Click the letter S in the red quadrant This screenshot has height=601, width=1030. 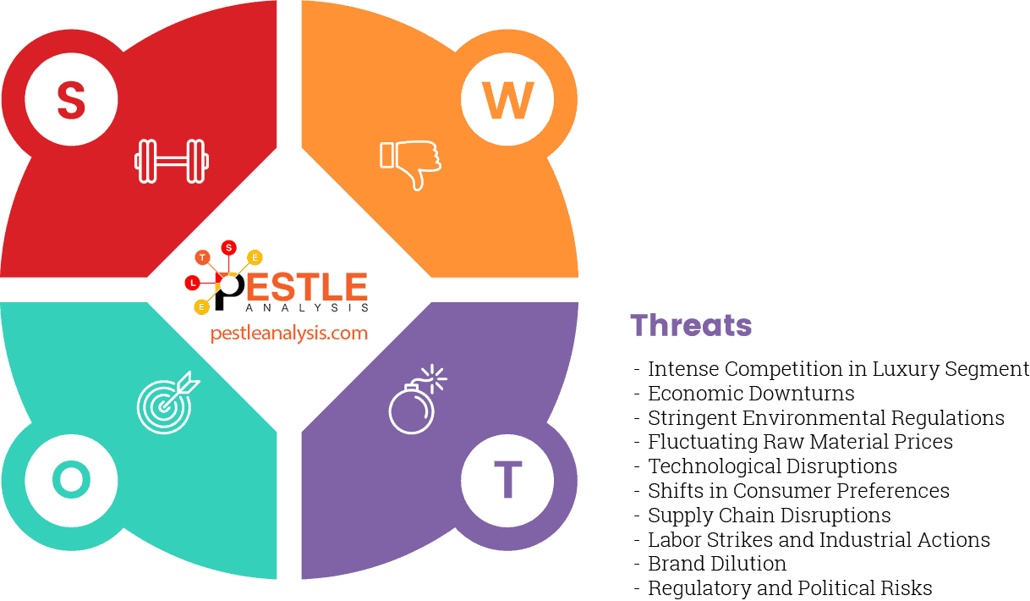point(71,100)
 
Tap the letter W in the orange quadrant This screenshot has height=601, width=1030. point(507,100)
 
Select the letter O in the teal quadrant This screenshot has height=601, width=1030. point(71,480)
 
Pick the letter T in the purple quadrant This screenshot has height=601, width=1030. point(507,480)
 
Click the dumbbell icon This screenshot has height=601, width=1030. point(172,161)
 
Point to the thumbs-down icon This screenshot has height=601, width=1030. point(411,163)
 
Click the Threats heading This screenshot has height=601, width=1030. point(691,325)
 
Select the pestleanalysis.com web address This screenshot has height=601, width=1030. point(289,333)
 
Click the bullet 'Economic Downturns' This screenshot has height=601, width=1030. point(751,394)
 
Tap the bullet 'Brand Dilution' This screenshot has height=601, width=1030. point(717,564)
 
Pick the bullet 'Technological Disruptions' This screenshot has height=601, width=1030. point(772,466)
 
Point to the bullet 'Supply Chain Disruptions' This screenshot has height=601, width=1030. point(769,516)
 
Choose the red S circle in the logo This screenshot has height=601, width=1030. point(228,247)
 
